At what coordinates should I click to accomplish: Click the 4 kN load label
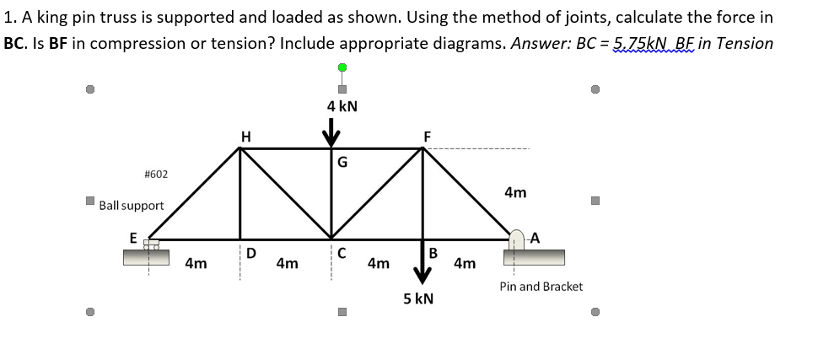coord(342,106)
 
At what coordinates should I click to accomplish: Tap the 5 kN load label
coord(418,298)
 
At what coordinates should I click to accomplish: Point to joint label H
coord(245,136)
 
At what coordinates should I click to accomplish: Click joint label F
coord(427,136)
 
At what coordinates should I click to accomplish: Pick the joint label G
coord(342,163)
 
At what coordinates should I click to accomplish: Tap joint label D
coord(251,253)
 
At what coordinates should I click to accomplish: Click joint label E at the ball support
coord(133,239)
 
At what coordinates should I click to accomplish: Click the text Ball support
coord(132,206)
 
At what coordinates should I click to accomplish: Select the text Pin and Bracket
coord(541,287)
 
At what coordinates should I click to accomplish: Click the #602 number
coord(156,174)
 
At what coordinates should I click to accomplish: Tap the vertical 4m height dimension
coord(515,193)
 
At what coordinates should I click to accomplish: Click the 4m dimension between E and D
coord(196,264)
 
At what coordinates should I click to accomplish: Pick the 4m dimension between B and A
coord(465,264)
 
